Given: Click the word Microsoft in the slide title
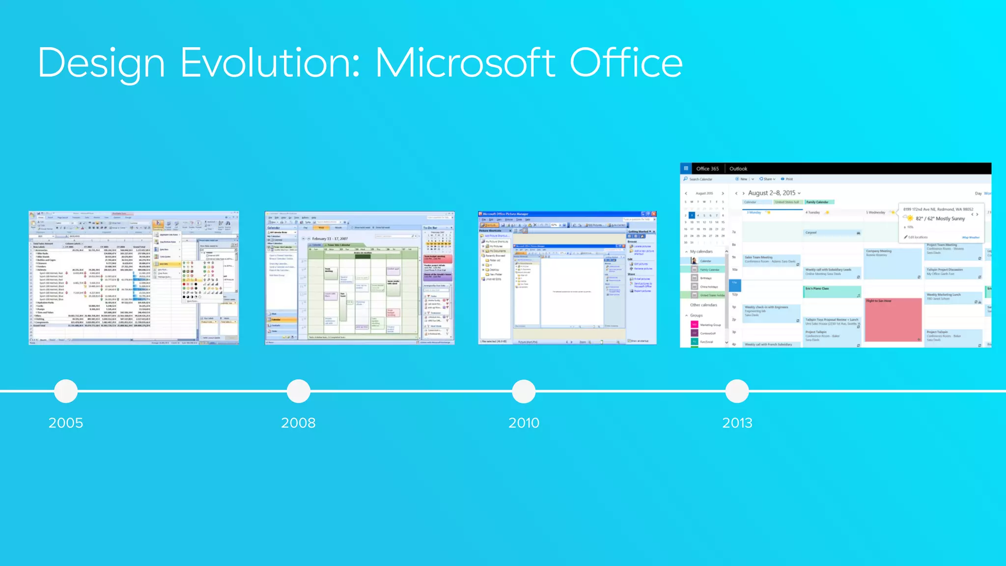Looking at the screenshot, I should coord(465,63).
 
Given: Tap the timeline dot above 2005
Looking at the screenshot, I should coord(66,391).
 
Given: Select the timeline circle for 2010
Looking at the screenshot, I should coord(524,391).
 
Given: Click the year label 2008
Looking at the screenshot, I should coord(298,423).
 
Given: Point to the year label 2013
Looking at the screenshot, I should coord(737,423).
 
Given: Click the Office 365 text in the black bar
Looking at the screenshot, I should coord(707,169).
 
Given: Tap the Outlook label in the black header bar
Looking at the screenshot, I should coord(738,169).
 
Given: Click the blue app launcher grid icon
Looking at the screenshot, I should coord(686,169).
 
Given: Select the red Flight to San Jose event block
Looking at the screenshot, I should coord(893,319).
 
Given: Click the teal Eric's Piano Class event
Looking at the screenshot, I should coord(832,291).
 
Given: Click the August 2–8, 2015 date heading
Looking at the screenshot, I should coord(772,193).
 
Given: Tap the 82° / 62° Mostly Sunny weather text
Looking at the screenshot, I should coord(940,219).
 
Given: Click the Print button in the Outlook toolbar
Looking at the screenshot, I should coord(787,179).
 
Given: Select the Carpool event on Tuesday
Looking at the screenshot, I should coord(832,232).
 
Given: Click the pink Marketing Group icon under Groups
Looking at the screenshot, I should coord(695,325).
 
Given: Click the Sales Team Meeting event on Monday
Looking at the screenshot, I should coord(771,259).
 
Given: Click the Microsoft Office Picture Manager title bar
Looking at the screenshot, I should coord(560,214).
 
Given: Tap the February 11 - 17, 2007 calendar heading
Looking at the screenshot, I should coord(331,239).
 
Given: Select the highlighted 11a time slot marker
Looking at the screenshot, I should coord(735,283).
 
